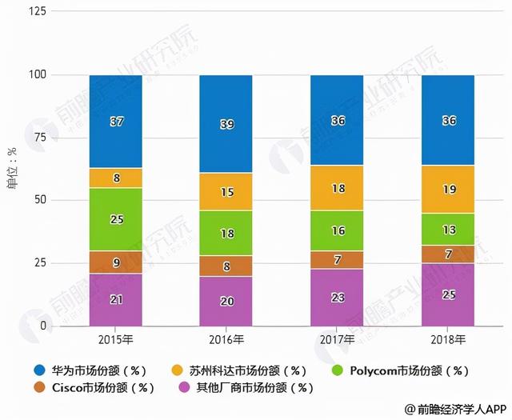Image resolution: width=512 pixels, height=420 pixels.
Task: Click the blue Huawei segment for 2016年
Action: (226, 124)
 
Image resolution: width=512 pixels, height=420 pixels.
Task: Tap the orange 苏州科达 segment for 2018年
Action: (447, 190)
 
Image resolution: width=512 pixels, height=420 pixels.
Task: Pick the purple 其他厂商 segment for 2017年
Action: (337, 298)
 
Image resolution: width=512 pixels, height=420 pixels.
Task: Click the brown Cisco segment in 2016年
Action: (226, 266)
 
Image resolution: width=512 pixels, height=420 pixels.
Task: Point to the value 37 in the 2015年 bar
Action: (116, 122)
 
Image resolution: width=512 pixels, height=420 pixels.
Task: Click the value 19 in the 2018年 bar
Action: (447, 190)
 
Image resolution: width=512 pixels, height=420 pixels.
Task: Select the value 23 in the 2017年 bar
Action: (337, 298)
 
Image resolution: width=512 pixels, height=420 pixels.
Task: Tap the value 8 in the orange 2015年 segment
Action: (116, 178)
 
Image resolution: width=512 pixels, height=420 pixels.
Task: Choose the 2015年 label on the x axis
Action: (116, 339)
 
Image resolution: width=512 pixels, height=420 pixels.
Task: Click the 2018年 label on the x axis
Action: (447, 339)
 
